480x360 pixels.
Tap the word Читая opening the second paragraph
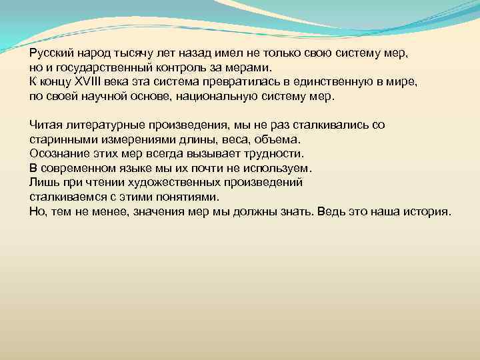pyautogui.click(x=45, y=125)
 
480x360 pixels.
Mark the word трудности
pyautogui.click(x=273, y=153)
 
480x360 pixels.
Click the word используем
pyautogui.click(x=280, y=167)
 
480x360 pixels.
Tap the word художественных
pyautogui.click(x=165, y=181)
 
